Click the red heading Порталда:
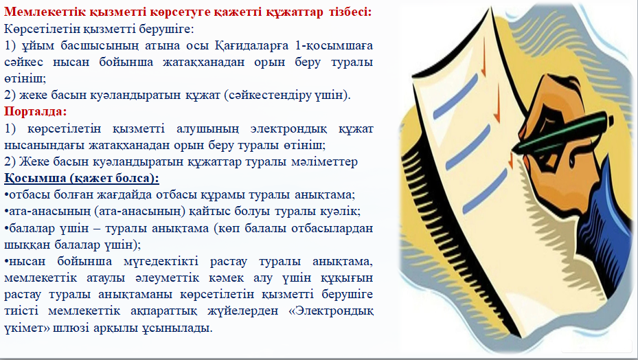[x=36, y=111]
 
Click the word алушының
[x=207, y=128]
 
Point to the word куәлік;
[x=342, y=212]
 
